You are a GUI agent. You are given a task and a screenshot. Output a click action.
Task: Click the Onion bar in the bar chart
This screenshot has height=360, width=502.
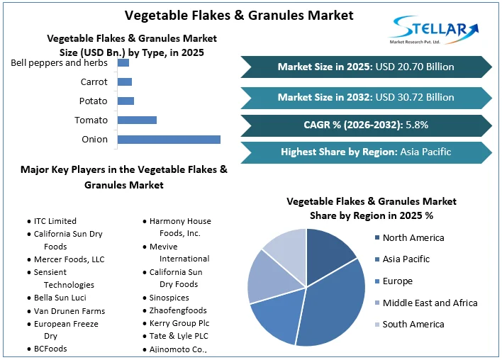pyautogui.click(x=169, y=139)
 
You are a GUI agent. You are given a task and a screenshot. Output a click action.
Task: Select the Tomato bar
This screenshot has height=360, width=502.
pyautogui.click(x=137, y=120)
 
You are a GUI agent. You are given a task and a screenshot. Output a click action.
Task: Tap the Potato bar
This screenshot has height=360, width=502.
pyautogui.click(x=125, y=101)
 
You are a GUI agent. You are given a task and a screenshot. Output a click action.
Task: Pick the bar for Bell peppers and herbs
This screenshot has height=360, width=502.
pyautogui.click(x=123, y=63)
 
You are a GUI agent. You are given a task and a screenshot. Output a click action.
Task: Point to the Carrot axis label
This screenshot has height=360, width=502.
pyautogui.click(x=94, y=82)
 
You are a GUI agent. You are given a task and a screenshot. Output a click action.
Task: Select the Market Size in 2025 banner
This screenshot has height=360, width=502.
pyautogui.click(x=366, y=67)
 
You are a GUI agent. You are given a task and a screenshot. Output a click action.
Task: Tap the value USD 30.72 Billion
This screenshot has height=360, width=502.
pyautogui.click(x=415, y=97)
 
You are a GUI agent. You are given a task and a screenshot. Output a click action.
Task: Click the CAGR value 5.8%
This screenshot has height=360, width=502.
pyautogui.click(x=416, y=125)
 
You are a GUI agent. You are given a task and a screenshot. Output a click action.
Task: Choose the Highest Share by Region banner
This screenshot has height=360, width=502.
pyautogui.click(x=366, y=152)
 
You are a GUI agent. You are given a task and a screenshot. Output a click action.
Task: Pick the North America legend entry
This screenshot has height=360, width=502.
pyautogui.click(x=413, y=237)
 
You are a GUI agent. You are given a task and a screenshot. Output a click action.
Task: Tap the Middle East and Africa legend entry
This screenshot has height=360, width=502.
pyautogui.click(x=430, y=303)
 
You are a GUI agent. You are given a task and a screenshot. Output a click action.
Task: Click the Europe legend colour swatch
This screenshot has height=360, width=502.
pyautogui.click(x=376, y=281)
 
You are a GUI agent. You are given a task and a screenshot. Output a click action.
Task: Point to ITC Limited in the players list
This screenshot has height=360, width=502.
pyautogui.click(x=55, y=221)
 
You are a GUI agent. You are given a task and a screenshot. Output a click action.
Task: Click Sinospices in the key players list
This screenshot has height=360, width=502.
pyautogui.click(x=169, y=298)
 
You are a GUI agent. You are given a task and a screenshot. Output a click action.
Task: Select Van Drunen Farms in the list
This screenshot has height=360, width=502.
pyautogui.click(x=69, y=310)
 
